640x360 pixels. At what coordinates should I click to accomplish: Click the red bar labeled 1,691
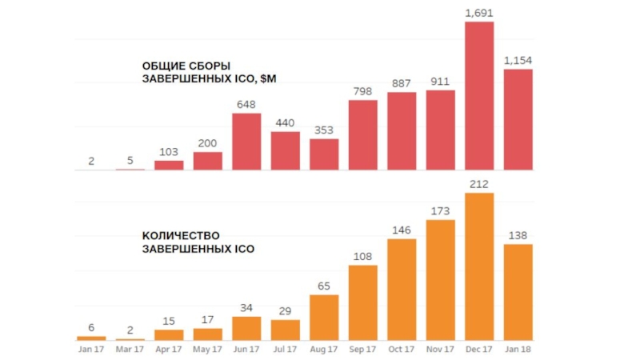point(479,96)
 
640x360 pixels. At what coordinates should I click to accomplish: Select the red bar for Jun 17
point(246,142)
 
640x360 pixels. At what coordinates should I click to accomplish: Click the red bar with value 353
point(324,154)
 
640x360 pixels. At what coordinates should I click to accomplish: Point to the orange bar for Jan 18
point(518,292)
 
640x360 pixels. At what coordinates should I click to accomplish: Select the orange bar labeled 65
point(324,318)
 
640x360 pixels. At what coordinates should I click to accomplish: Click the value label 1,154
point(518,60)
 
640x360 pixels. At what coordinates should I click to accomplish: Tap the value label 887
point(402,83)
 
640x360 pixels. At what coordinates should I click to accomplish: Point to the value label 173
point(440,210)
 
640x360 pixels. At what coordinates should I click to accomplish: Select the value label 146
point(402,230)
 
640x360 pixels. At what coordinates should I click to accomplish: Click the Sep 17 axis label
point(363,350)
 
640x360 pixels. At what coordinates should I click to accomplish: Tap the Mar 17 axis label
point(130,350)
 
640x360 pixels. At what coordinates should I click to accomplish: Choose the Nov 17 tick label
point(440,350)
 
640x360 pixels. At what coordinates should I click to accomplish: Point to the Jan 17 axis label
point(90,350)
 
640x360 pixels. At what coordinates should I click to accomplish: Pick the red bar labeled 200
point(208,161)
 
